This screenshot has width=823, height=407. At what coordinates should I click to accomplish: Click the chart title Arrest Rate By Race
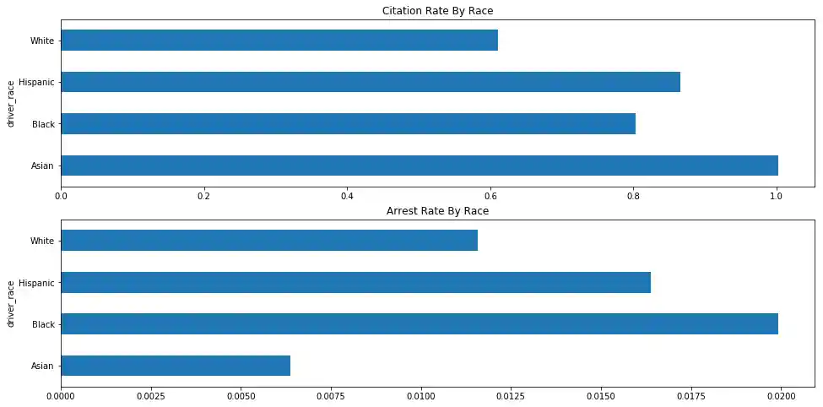click(x=437, y=211)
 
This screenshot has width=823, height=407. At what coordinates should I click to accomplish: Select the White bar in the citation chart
click(x=279, y=41)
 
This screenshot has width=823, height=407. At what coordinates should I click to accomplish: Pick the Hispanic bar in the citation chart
click(x=371, y=82)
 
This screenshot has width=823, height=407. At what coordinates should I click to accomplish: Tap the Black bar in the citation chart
click(x=348, y=124)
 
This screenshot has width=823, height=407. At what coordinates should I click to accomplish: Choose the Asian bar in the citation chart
click(x=420, y=166)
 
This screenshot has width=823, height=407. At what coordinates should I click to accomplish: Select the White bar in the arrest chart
click(x=269, y=241)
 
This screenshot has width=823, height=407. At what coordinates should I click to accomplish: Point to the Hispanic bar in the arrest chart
click(x=355, y=282)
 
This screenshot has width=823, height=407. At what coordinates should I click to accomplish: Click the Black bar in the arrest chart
click(x=420, y=324)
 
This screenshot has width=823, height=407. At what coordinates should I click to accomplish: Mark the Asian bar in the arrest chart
click(x=176, y=366)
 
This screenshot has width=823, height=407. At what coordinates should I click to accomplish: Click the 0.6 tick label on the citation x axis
click(x=490, y=197)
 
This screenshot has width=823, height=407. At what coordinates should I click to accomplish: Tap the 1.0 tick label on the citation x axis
click(x=776, y=197)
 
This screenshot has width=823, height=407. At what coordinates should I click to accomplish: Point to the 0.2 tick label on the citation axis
click(x=203, y=197)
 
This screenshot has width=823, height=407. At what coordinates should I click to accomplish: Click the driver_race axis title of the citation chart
click(x=11, y=103)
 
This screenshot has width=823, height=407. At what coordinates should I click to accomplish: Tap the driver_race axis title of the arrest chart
click(x=11, y=303)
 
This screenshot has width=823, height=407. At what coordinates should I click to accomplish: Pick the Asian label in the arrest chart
click(x=42, y=366)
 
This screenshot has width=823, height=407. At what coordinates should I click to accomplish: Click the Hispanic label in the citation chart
click(x=37, y=83)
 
